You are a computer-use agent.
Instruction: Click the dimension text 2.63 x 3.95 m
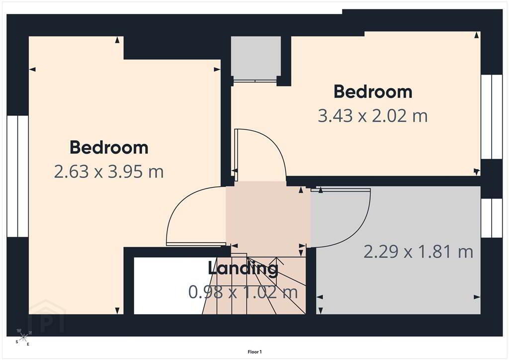tap(109, 172)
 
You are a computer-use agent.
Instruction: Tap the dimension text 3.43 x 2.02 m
tap(373, 116)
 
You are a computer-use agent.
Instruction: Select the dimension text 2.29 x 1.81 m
tap(418, 252)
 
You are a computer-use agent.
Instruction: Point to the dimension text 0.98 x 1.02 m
tap(243, 292)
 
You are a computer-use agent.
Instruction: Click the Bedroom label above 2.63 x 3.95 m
tap(109, 147)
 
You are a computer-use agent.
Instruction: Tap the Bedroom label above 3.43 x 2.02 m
tap(373, 91)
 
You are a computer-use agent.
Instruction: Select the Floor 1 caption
tap(254, 352)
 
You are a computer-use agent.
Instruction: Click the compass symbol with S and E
tap(23, 338)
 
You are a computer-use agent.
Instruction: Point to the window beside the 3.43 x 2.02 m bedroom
tap(492, 117)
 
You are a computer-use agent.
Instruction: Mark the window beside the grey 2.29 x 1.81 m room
tap(492, 218)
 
